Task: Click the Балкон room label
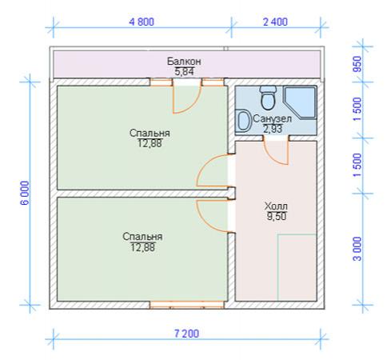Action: click(184, 62)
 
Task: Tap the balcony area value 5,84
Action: click(184, 71)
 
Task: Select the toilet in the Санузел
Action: click(268, 98)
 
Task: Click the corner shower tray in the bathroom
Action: click(300, 102)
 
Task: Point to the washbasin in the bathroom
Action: click(244, 121)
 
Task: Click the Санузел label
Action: click(272, 119)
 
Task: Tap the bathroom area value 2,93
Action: click(273, 129)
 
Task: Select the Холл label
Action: click(276, 206)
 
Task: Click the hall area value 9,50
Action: click(277, 216)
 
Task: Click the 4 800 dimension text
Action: click(142, 22)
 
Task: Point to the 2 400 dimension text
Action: click(275, 22)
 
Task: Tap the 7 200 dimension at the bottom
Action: click(186, 334)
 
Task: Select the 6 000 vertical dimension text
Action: click(25, 193)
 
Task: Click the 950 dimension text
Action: click(357, 64)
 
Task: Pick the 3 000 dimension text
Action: click(357, 249)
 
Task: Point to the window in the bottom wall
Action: click(186, 305)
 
